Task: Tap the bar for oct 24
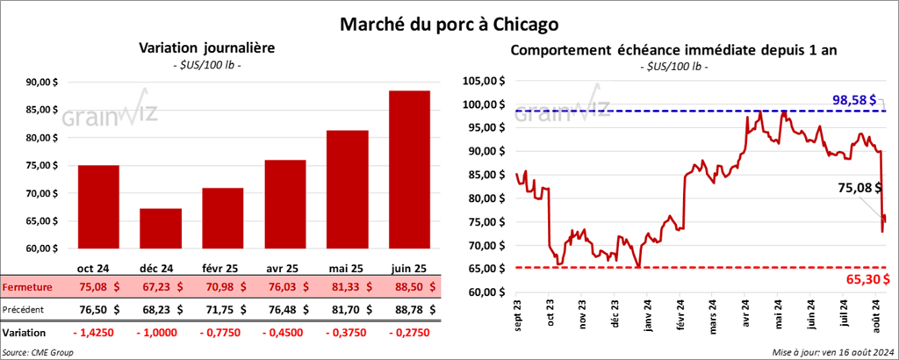98,211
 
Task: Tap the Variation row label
25,333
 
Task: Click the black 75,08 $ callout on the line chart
856,187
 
